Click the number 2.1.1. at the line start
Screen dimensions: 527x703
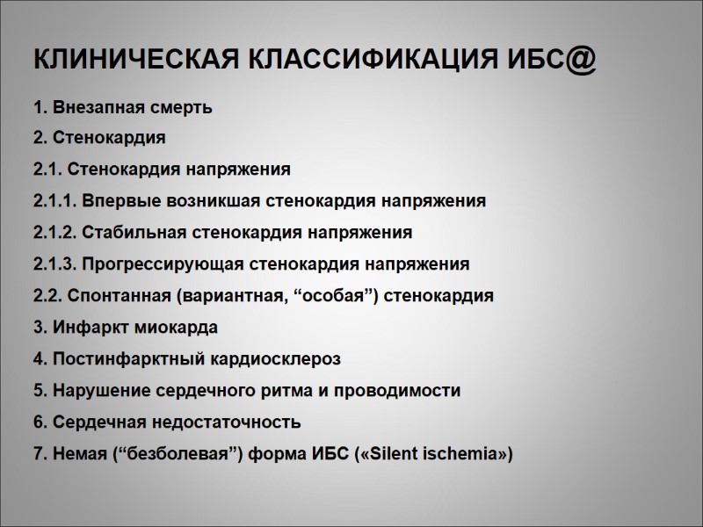point(53,200)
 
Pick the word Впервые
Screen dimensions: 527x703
point(111,200)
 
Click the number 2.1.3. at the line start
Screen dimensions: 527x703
point(53,264)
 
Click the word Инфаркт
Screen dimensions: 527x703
point(85,328)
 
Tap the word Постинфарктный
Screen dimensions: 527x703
point(116,359)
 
